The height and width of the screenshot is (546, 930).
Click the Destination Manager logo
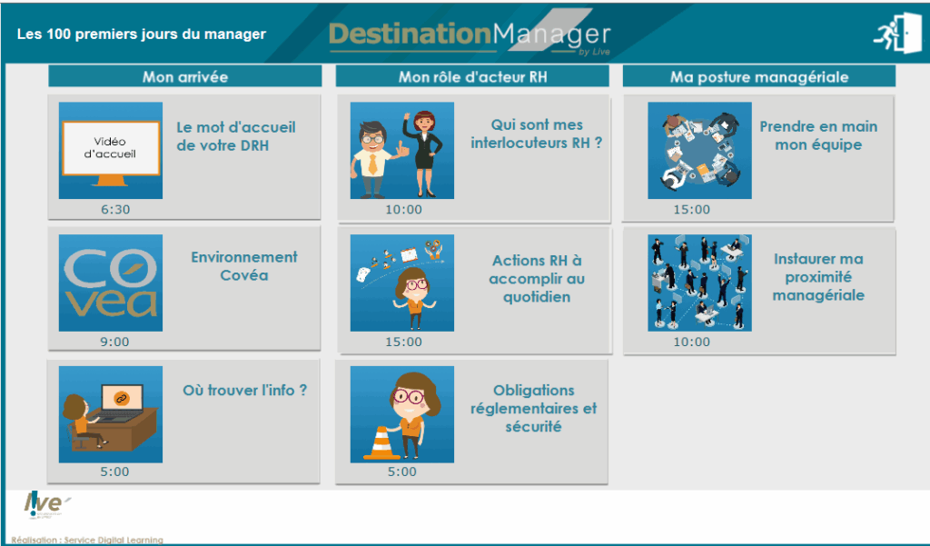pos(470,35)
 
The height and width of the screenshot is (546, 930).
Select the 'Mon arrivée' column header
pos(185,77)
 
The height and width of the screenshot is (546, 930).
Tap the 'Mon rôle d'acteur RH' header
pos(472,77)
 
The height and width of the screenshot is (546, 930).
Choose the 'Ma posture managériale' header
pos(759,77)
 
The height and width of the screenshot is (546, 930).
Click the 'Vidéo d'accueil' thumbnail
pos(111,150)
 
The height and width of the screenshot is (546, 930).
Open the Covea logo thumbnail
pos(111,283)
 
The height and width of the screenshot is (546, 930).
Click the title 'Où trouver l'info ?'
pos(245,390)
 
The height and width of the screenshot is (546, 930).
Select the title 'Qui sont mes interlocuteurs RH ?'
pos(536,134)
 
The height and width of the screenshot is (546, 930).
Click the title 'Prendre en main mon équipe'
pos(818,135)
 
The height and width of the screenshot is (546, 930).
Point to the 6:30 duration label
pos(115,210)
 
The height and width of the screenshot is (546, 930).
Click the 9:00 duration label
pos(114,342)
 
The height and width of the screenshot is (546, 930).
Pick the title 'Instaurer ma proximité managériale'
pos(818,277)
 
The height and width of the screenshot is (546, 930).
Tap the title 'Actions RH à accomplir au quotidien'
pos(538,279)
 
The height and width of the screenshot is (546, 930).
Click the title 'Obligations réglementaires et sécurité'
pos(534,409)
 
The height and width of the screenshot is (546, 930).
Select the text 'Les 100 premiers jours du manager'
pos(142,35)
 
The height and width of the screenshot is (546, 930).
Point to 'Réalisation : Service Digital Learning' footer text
pos(87,540)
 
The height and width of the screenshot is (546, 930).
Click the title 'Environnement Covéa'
pos(244,266)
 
